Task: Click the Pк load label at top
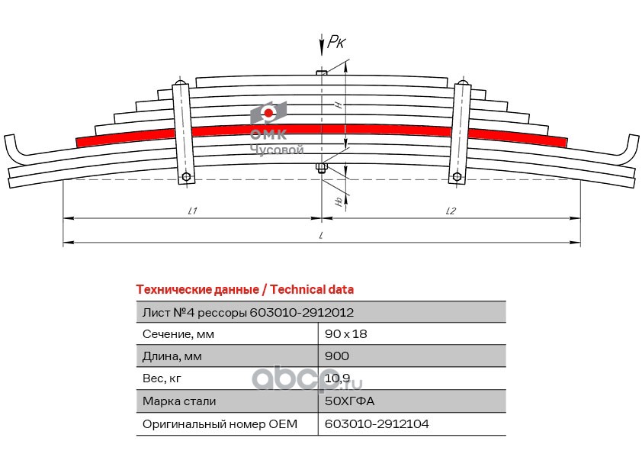336,43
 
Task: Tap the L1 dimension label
191,211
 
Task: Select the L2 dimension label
450,211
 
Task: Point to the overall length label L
321,236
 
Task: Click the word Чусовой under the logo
277,150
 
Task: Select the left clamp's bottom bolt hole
185,177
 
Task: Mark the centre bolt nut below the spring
322,168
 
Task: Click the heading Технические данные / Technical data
244,290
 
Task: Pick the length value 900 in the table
337,356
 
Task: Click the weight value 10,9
337,378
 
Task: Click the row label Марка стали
179,401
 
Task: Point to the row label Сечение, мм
178,334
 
